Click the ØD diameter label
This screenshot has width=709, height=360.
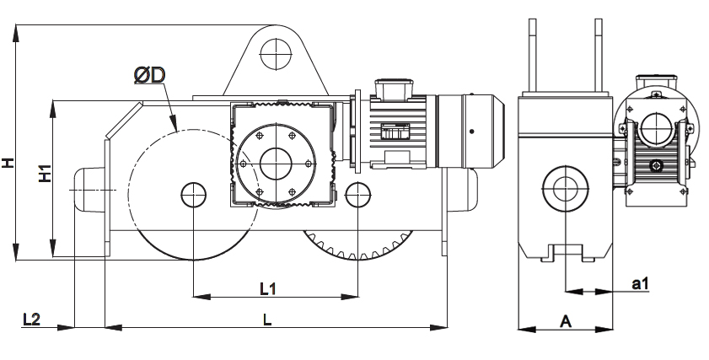point(150,75)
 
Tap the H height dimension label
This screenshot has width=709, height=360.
point(8,163)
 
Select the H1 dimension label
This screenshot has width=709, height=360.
point(46,173)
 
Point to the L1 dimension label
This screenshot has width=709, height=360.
point(268,288)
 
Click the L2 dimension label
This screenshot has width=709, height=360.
point(32,320)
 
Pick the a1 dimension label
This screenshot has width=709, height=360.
point(640,284)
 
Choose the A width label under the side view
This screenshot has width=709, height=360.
point(566,321)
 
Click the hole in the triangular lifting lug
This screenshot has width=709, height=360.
point(276,54)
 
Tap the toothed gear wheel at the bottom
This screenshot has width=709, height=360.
point(357,244)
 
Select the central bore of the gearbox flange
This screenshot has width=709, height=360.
point(276,164)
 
